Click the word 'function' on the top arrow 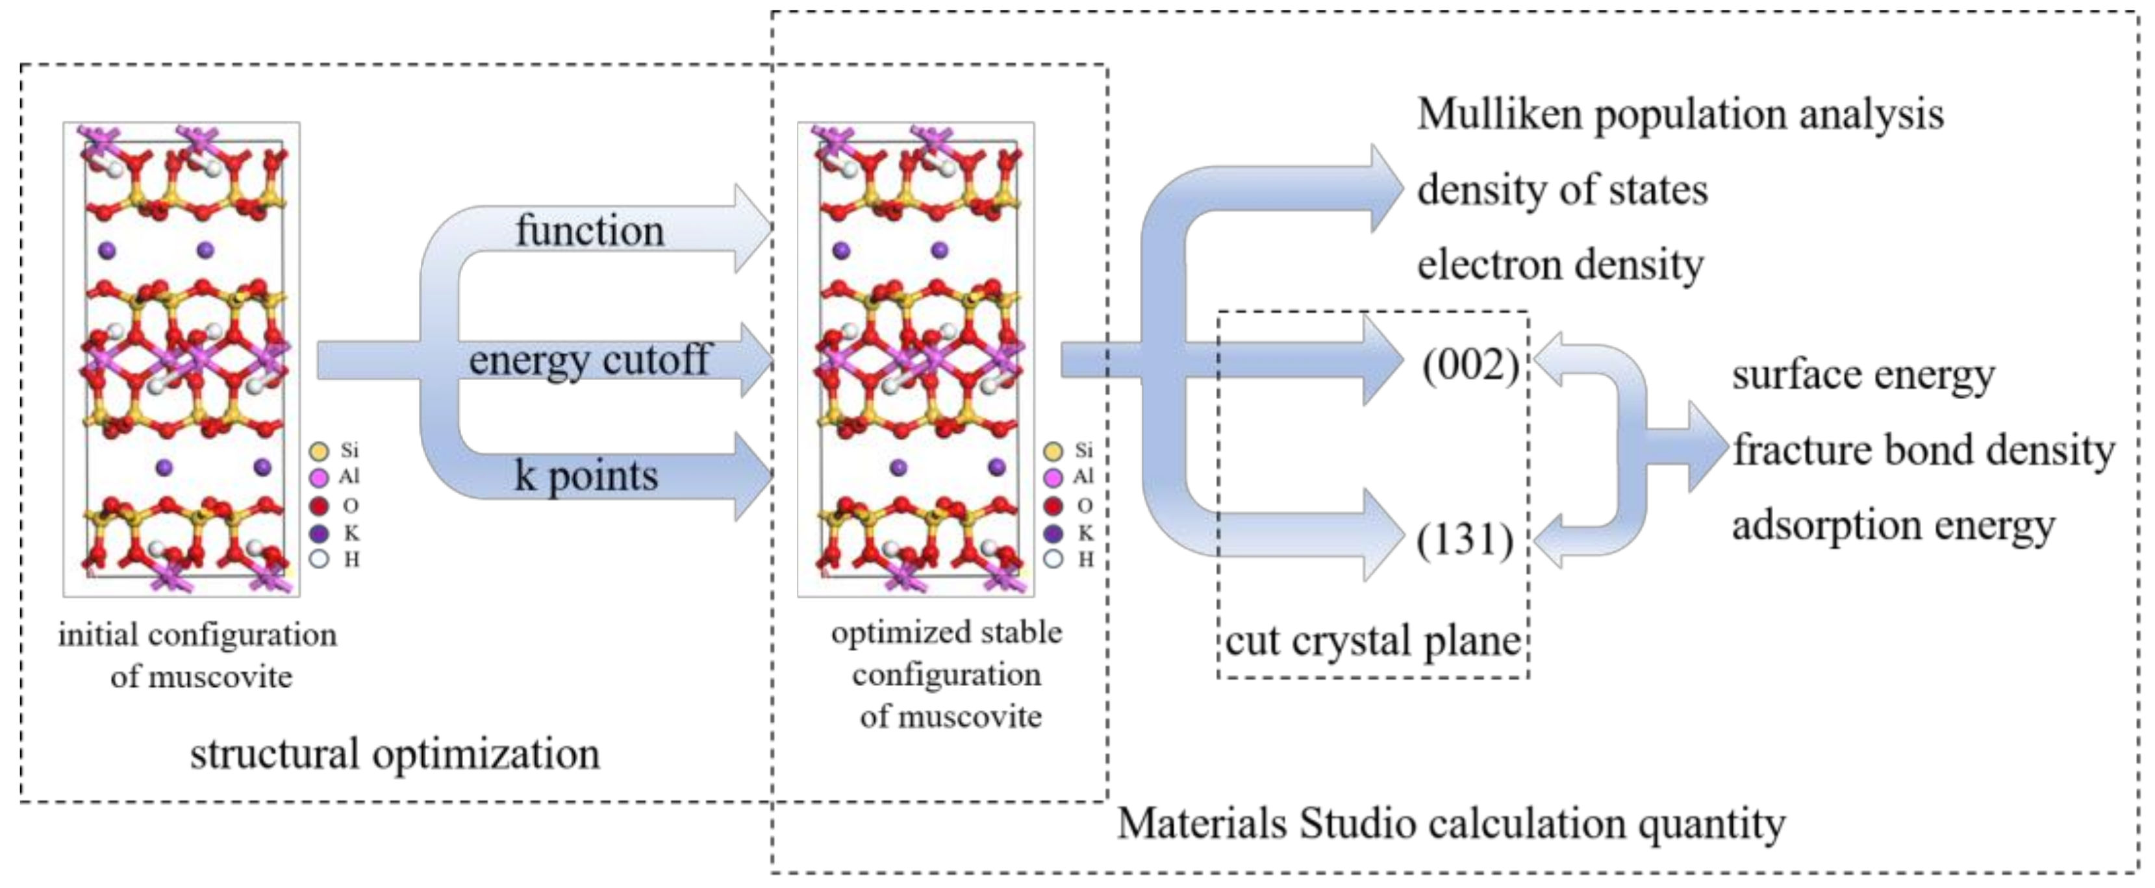[590, 231]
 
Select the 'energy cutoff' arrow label [589, 360]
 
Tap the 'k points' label [586, 476]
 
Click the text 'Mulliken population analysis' [1680, 114]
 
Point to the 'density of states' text [1562, 190]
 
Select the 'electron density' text [1559, 265]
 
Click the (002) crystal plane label [1470, 365]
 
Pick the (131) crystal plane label [1465, 539]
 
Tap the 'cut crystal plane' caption [1373, 642]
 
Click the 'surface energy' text [1863, 375]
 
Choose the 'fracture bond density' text [1922, 450]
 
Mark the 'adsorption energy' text [1893, 526]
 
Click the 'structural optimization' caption [395, 754]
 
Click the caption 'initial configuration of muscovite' [198, 656]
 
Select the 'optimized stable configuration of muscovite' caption [948, 674]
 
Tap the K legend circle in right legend [1053, 534]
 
